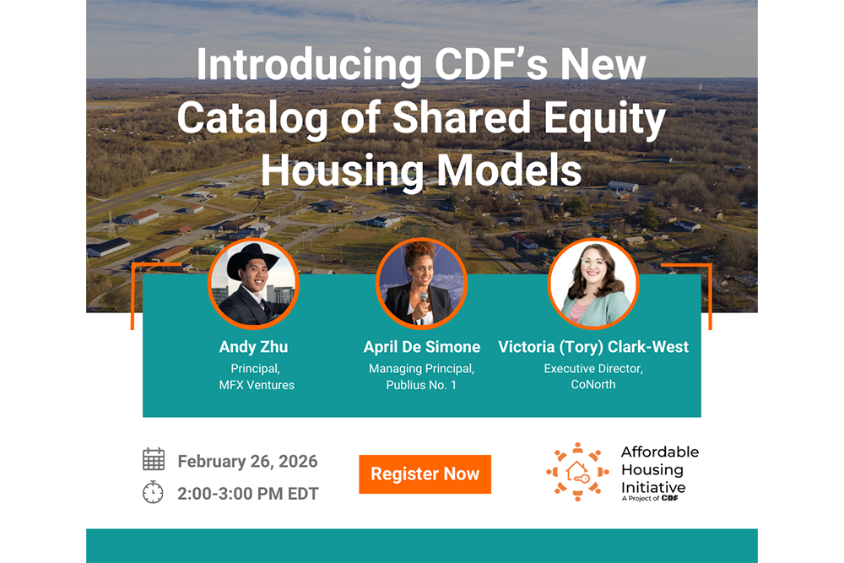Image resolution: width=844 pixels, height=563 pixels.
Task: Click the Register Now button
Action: click(425, 474)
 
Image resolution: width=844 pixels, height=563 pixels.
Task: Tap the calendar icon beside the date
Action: click(154, 459)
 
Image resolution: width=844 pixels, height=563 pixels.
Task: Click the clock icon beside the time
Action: click(153, 492)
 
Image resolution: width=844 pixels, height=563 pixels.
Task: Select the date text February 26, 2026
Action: click(247, 461)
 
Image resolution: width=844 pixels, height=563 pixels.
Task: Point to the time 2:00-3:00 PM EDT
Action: click(248, 494)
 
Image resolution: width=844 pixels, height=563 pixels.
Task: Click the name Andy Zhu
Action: click(253, 347)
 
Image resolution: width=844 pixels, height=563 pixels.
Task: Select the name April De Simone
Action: click(422, 347)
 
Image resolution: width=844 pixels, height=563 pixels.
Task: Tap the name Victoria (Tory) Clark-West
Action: click(593, 347)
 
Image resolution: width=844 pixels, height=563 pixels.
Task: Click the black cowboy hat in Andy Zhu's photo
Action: click(252, 261)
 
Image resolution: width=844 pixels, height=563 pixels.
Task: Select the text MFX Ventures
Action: click(257, 385)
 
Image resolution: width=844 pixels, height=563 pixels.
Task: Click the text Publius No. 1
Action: click(421, 385)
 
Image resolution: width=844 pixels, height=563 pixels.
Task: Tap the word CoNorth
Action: click(593, 384)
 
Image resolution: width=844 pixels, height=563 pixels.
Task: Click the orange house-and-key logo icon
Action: click(577, 472)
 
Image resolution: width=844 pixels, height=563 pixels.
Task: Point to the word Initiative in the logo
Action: click(653, 488)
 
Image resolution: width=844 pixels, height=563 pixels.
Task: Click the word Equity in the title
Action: click(604, 118)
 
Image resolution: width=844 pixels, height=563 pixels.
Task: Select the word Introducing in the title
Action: click(309, 65)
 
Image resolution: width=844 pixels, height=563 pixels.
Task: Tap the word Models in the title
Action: click(509, 171)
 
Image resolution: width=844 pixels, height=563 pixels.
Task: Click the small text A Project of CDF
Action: click(650, 498)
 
